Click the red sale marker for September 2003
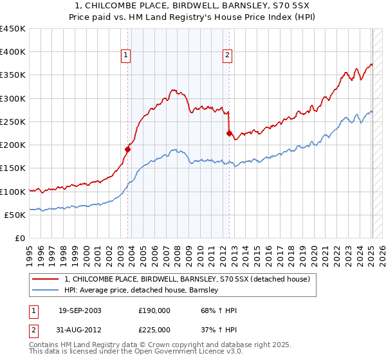coord(127,150)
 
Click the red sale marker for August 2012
coord(228,134)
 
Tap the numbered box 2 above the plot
coord(227,56)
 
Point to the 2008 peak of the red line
coord(173,90)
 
